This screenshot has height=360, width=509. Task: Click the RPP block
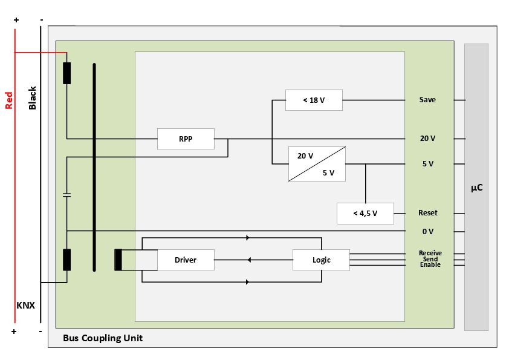186,139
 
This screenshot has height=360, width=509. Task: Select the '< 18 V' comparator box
314,100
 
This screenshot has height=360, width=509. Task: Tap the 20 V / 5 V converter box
317,164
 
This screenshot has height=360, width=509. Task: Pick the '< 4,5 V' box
365,213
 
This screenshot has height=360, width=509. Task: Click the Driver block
186,260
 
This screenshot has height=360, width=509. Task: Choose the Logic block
321,260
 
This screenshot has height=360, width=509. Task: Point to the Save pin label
427,100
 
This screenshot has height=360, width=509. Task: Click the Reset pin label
427,213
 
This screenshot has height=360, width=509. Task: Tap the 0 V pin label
427,231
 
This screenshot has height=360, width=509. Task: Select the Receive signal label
430,253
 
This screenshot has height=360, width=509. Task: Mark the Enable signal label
430,265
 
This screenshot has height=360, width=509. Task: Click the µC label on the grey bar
476,188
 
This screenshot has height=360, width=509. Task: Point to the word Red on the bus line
8,100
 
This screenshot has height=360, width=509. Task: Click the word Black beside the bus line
33,98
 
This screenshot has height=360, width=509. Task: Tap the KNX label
25,306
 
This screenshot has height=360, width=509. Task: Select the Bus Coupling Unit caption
103,338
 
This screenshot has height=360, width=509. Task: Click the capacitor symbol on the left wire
66,195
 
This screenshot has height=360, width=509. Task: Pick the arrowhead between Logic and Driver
250,260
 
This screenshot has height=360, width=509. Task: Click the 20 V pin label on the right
427,139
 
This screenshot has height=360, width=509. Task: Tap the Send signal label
430,259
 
